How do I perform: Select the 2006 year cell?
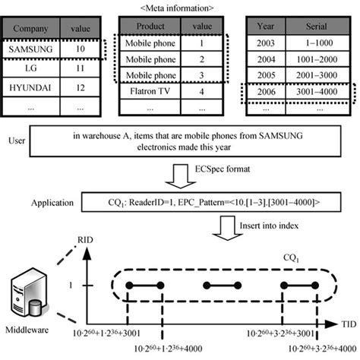266,90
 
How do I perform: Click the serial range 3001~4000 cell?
314,90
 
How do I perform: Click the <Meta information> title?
179,7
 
